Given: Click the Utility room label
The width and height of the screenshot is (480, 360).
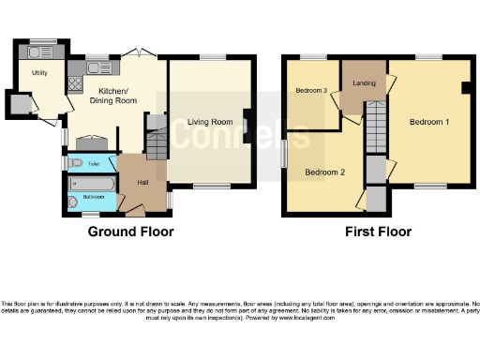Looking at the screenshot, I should click(39, 72).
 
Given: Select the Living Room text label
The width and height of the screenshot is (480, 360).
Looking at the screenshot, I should click(209, 122).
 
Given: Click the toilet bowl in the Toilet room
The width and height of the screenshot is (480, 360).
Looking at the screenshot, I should click(78, 163).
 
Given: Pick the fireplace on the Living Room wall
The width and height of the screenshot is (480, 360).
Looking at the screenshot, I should click(246, 126).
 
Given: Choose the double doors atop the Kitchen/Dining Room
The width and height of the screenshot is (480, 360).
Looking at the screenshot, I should click(137, 53).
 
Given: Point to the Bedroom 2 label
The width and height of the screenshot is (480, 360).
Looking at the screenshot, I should click(323, 172).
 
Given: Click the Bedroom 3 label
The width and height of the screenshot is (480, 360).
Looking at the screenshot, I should click(311, 91).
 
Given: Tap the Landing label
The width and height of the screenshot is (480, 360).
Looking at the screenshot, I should click(364, 81).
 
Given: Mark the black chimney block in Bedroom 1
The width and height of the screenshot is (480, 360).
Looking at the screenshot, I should click(465, 89).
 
